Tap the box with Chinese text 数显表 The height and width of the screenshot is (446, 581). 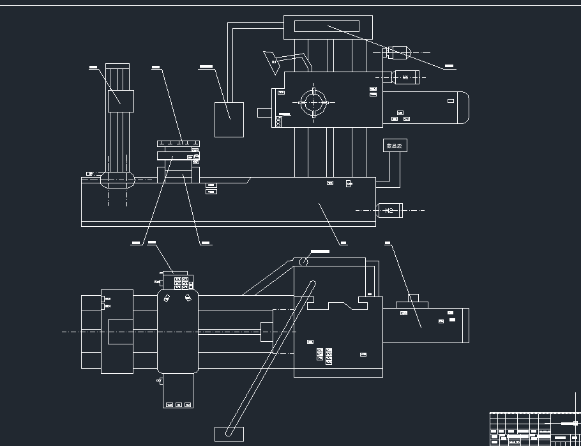[395, 146]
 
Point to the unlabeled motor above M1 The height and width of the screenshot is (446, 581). [397, 51]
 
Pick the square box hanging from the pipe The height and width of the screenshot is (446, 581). [229, 119]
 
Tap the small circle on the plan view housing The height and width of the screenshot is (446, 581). [304, 261]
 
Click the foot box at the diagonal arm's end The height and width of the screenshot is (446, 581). [229, 433]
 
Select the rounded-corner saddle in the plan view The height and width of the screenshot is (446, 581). [178, 332]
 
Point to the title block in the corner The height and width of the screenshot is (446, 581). [534, 429]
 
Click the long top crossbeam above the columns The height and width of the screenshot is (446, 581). [326, 27]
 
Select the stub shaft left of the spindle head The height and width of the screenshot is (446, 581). [264, 112]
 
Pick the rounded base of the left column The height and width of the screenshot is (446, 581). [117, 180]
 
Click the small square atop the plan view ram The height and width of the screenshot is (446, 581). [413, 297]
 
